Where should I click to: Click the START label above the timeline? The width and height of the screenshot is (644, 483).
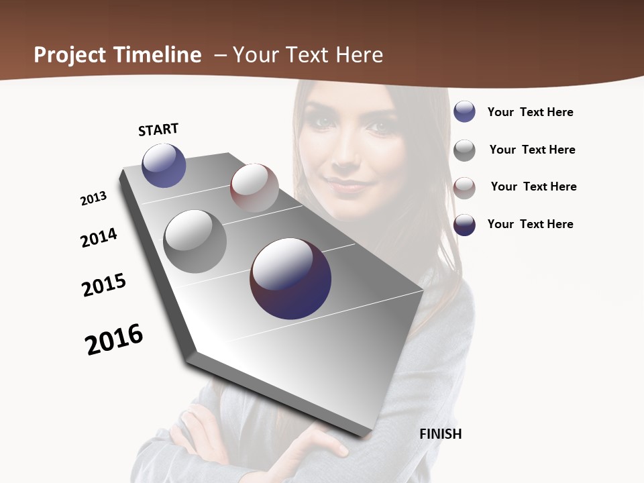[x=158, y=129]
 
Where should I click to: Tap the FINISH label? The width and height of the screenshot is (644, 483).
[x=440, y=434]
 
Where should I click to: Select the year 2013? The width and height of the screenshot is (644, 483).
[x=94, y=199]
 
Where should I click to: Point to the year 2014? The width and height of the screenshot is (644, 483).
[x=99, y=237]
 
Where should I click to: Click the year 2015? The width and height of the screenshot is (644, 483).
[x=104, y=285]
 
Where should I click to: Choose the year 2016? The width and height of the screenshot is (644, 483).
[x=114, y=339]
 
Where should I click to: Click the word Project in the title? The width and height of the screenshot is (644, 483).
[x=71, y=55]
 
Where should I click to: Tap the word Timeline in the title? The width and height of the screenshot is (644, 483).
[x=158, y=55]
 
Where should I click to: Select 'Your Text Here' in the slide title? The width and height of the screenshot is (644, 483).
[x=308, y=55]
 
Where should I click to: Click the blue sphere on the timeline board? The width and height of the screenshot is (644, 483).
[x=164, y=165]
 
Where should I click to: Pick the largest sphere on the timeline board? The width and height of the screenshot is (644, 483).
[x=290, y=278]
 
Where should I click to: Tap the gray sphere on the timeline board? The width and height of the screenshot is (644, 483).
[x=195, y=241]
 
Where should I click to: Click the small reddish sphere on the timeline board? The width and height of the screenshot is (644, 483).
[x=254, y=188]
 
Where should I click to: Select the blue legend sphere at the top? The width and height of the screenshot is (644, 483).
[x=464, y=111]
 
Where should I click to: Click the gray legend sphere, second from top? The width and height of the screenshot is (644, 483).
[x=464, y=150]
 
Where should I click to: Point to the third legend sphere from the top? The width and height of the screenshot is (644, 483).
[x=464, y=187]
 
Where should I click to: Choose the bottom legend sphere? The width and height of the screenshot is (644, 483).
[x=464, y=225]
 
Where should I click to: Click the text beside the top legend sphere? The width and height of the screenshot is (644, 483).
[x=530, y=112]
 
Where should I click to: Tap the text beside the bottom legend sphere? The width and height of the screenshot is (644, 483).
[x=530, y=224]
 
